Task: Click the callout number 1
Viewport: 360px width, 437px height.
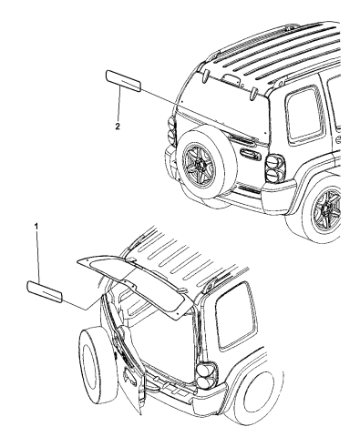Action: [x=36, y=227]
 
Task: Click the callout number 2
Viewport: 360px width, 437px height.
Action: [x=118, y=127]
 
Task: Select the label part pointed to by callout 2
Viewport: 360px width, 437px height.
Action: [x=123, y=81]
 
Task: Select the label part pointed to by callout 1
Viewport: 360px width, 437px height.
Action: [x=45, y=291]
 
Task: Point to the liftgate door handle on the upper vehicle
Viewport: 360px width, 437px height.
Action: [x=250, y=154]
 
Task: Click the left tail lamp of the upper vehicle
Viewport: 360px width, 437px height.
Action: [x=172, y=132]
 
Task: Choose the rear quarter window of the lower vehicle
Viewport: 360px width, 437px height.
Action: [x=236, y=317]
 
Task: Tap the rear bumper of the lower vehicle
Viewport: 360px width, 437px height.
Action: [x=185, y=391]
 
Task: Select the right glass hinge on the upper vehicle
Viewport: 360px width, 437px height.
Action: [x=253, y=94]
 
